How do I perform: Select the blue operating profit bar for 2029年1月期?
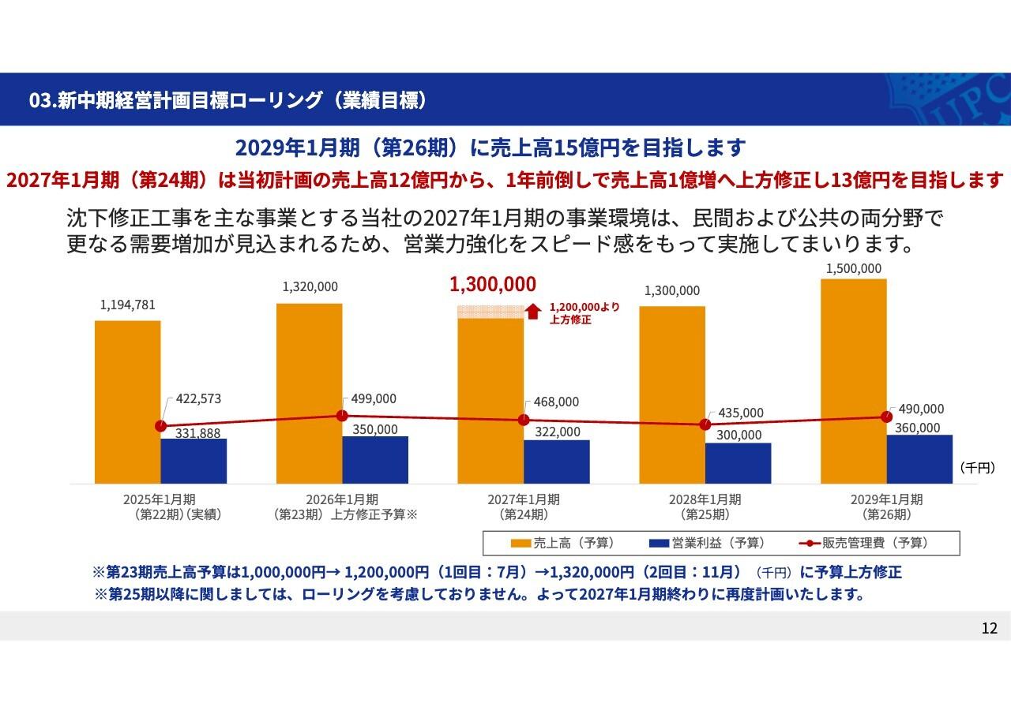click(x=919, y=458)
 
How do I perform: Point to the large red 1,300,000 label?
click(x=493, y=284)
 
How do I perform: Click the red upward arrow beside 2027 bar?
click(x=533, y=312)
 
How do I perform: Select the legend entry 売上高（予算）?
click(x=562, y=543)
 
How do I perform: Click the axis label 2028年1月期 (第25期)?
click(x=705, y=507)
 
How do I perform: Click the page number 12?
click(x=989, y=628)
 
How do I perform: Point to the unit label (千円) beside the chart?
click(x=978, y=468)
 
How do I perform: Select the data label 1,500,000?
click(x=853, y=268)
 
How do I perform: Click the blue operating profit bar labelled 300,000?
click(x=738, y=463)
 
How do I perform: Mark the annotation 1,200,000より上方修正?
click(x=584, y=313)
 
